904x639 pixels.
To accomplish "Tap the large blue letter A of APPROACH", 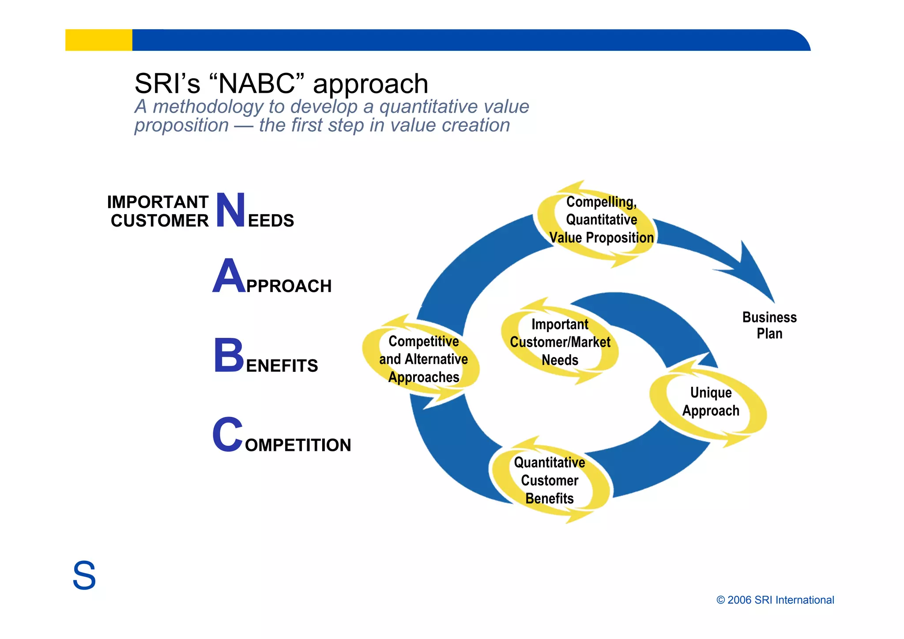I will pyautogui.click(x=229, y=277).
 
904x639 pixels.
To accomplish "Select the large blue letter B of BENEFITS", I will pyautogui.click(x=229, y=355).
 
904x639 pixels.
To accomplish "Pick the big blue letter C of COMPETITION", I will pyautogui.click(x=227, y=435).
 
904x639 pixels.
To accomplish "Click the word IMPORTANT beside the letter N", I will pyautogui.click(x=158, y=202).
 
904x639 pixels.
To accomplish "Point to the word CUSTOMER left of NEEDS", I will pyautogui.click(x=159, y=221).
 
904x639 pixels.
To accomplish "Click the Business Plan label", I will pyautogui.click(x=769, y=325).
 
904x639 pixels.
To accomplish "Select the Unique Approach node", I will pyautogui.click(x=710, y=401).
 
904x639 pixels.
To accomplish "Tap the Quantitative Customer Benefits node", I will pyautogui.click(x=550, y=480).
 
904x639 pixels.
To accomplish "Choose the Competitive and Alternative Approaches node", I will pyautogui.click(x=423, y=359).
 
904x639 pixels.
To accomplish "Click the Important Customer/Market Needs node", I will pyautogui.click(x=560, y=342).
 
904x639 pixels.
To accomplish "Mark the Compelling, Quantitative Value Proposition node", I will pyautogui.click(x=601, y=220).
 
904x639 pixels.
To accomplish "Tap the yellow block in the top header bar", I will pyautogui.click(x=98, y=40).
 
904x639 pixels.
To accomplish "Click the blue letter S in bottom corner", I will pyautogui.click(x=84, y=575).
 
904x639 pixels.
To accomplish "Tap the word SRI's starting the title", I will pyautogui.click(x=167, y=84).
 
